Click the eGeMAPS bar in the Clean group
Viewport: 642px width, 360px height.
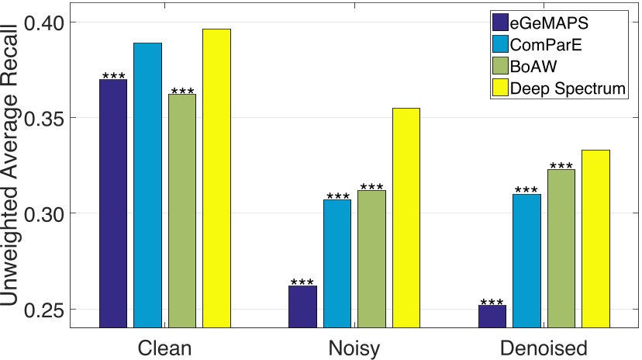click(x=112, y=203)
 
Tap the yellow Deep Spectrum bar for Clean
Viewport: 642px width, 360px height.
click(x=216, y=178)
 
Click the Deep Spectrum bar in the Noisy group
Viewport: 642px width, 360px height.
click(x=406, y=217)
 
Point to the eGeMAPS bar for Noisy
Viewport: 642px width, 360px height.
click(x=302, y=306)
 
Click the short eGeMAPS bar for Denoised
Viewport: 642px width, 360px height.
click(x=492, y=316)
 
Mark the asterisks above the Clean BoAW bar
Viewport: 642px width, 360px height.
click(x=182, y=91)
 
